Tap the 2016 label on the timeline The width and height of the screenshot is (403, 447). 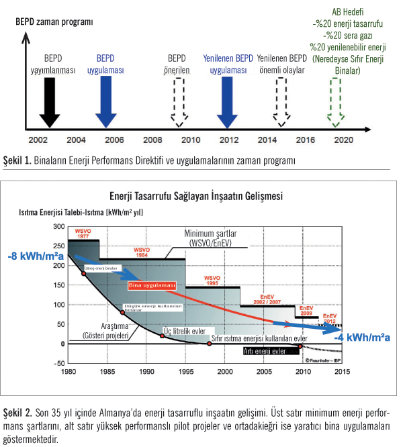(306, 140)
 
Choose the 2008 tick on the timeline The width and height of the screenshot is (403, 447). (154, 140)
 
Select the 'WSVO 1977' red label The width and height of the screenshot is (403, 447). (83, 234)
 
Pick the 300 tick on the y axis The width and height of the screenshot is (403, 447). (57, 227)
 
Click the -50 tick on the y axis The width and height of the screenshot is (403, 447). (56, 362)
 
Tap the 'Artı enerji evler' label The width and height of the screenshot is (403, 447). (265, 350)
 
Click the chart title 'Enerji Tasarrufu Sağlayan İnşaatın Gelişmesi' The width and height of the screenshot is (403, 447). (196, 197)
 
